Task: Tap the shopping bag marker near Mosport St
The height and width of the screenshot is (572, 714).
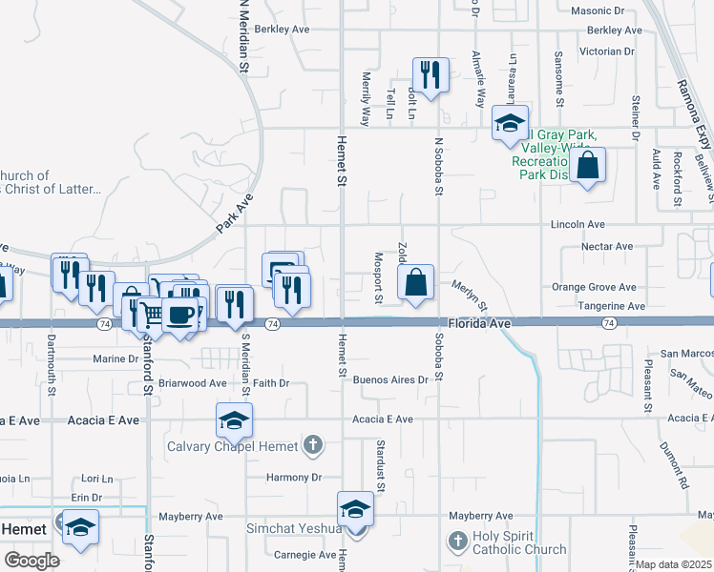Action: point(415,282)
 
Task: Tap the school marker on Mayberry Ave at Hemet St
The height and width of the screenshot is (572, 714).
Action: point(355,508)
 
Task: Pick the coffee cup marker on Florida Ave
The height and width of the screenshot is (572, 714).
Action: point(180,314)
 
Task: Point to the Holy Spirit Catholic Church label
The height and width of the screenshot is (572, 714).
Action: point(519,542)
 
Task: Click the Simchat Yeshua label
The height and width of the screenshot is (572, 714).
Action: point(292,529)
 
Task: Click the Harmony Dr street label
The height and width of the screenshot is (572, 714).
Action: point(294,477)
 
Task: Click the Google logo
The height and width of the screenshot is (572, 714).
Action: point(31,561)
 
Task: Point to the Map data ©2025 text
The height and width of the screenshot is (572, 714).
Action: point(673,564)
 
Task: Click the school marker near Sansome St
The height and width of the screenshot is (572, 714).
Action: point(510,123)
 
